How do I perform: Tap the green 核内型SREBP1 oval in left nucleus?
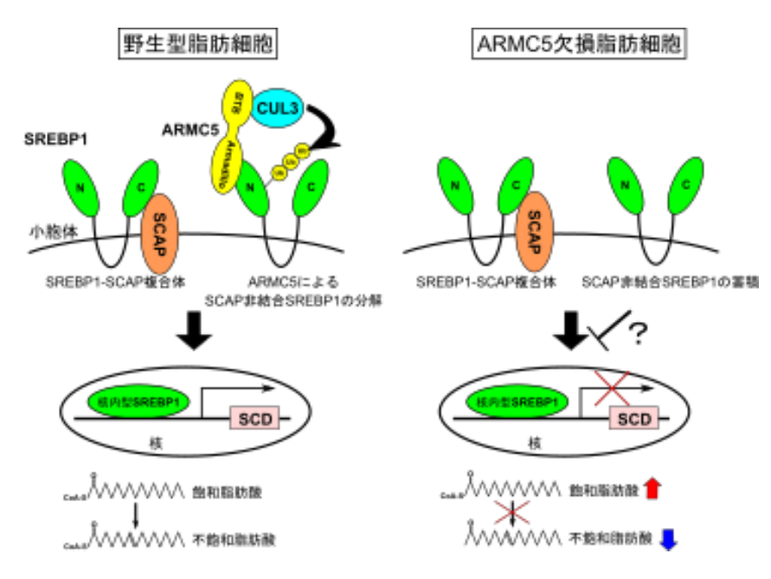pyautogui.click(x=137, y=401)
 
